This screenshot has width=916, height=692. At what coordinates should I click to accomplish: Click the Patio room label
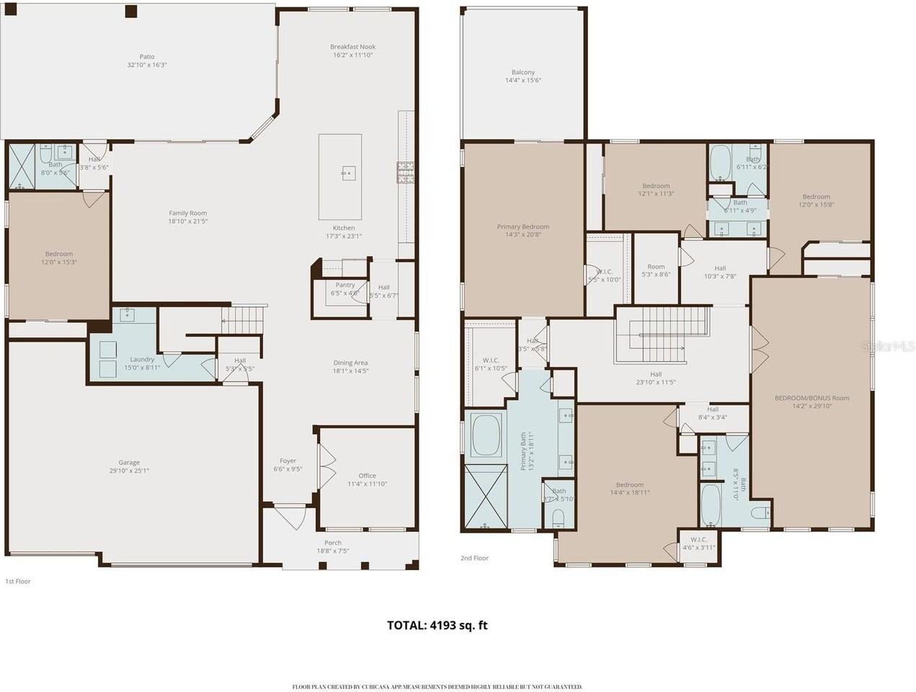tap(147, 57)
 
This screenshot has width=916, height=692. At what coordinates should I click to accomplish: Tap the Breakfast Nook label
tap(353, 47)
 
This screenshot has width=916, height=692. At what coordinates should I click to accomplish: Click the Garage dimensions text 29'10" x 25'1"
tap(129, 471)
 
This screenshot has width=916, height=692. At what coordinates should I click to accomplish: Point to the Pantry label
tap(345, 285)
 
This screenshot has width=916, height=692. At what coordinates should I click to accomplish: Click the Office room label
tap(368, 476)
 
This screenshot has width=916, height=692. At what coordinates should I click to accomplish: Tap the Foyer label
tap(288, 461)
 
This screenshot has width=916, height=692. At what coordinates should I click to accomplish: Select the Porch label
tap(333, 543)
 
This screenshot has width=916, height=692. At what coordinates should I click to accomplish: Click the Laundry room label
tap(142, 359)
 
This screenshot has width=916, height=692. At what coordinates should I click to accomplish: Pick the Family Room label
tap(187, 213)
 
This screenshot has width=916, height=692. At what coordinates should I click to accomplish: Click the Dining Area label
tap(350, 363)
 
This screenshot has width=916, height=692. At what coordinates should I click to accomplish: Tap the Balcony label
tap(523, 72)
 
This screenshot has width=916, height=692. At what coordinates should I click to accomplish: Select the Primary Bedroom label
tap(523, 226)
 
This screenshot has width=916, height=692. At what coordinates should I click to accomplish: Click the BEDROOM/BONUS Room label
tap(811, 398)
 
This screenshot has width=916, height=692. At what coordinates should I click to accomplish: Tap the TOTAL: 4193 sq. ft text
tap(437, 625)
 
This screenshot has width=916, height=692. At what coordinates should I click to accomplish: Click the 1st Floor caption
tap(18, 581)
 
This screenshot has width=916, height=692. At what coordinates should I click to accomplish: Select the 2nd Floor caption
tap(474, 558)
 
